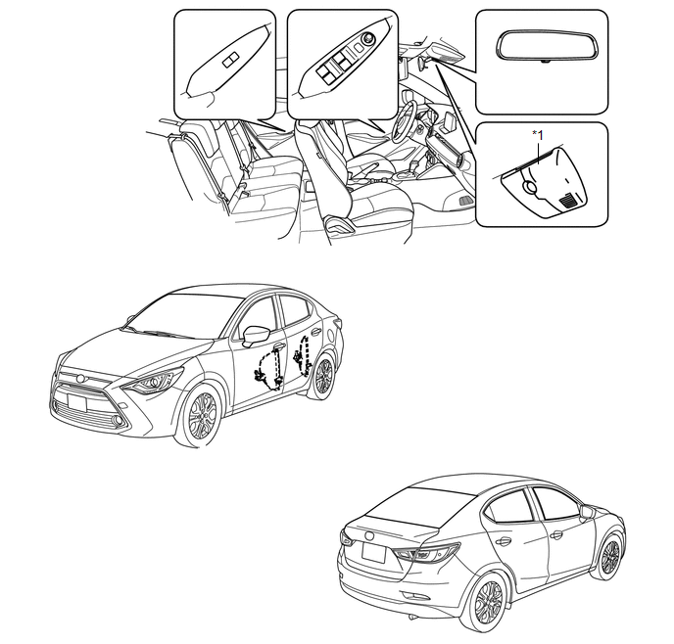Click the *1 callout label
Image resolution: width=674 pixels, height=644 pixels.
point(538,135)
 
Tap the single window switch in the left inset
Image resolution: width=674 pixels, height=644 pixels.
point(231,61)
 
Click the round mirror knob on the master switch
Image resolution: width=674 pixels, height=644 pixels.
point(368,38)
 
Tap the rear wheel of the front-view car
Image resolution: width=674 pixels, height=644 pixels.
point(323,377)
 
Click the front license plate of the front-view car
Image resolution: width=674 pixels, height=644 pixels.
point(77,403)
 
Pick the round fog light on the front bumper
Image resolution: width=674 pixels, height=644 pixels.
point(118,421)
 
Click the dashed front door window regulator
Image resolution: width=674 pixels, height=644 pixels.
point(268,368)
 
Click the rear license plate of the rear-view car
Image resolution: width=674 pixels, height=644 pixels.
point(373,553)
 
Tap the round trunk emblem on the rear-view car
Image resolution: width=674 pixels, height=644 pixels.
point(368,536)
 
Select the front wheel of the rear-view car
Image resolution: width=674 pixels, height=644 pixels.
point(609,557)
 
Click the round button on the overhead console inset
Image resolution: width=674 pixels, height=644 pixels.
point(529,187)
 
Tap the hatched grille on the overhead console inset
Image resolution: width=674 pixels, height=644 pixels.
point(568,199)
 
